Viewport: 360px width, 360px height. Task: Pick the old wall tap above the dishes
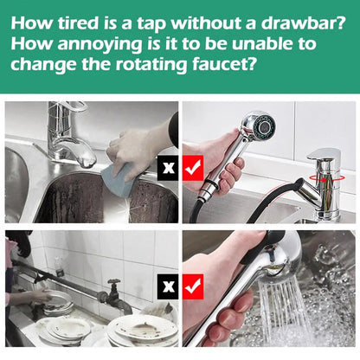tap(113, 294)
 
